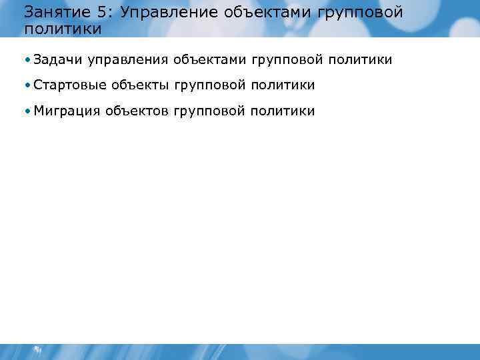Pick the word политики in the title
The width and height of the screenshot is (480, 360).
[62, 29]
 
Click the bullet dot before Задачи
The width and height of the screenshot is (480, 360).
[26, 61]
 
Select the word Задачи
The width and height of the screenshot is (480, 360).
[57, 61]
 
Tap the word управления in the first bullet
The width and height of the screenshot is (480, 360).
[127, 61]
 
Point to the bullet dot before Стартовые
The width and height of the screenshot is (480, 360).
[26, 85]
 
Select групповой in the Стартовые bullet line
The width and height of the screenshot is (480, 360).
[208, 85]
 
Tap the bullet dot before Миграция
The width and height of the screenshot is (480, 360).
[26, 111]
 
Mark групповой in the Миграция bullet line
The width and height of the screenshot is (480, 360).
[208, 111]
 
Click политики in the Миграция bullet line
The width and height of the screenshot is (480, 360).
[281, 111]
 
